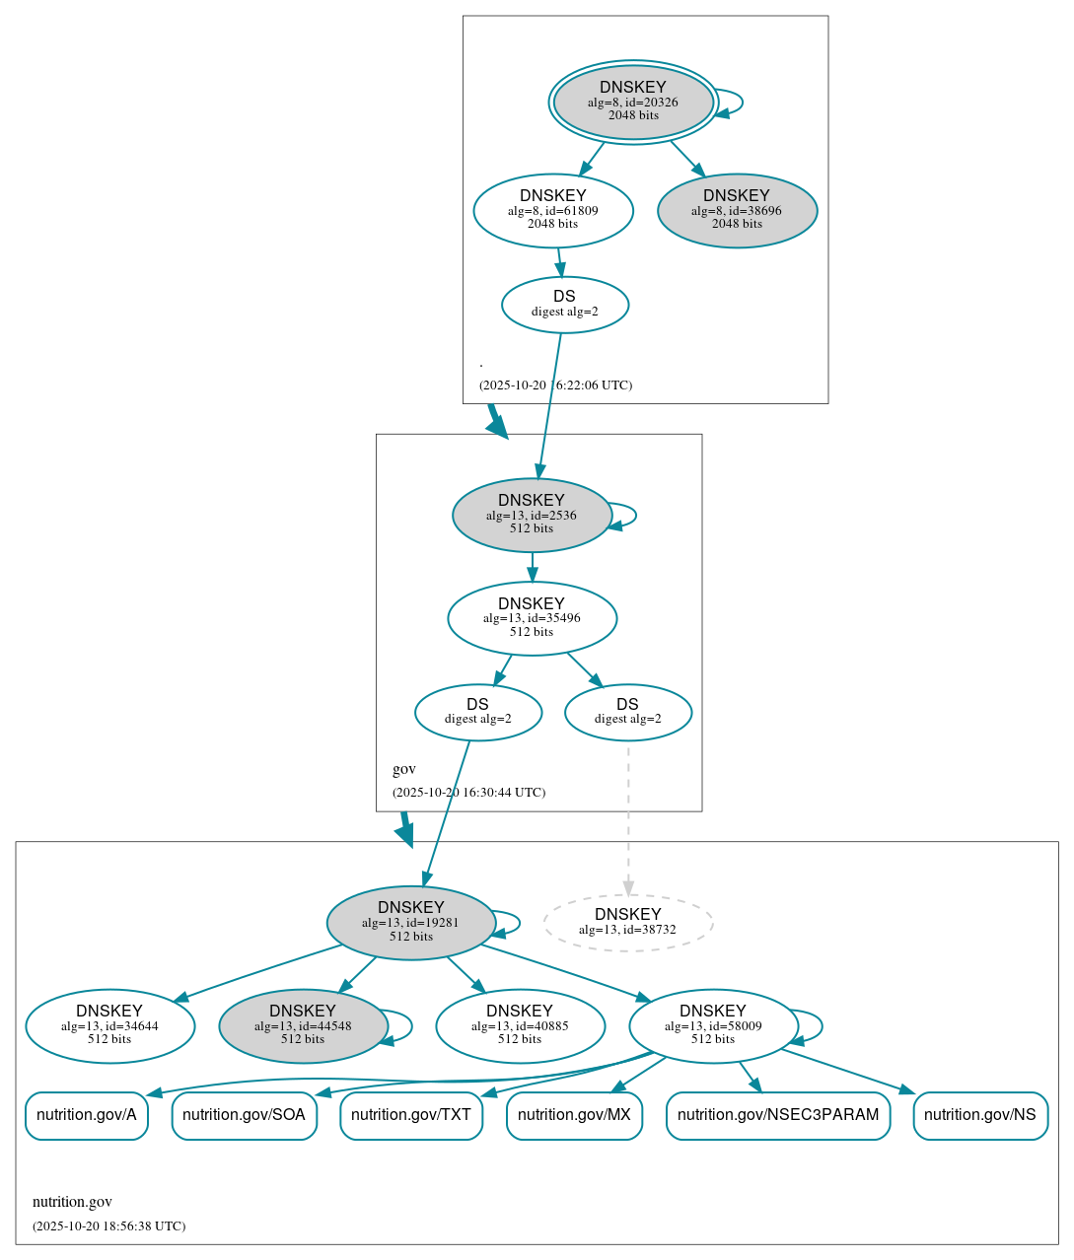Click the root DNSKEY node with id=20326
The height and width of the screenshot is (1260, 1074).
[x=633, y=102]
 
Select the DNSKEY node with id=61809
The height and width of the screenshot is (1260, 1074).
[x=553, y=210]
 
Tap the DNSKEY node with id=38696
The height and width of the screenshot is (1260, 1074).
[x=737, y=210]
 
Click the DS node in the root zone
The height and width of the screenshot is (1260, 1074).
[x=565, y=304]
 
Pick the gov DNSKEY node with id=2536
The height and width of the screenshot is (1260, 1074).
[x=532, y=515]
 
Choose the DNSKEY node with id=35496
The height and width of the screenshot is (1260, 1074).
[x=532, y=618]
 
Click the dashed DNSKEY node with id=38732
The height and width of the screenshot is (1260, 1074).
[x=628, y=923]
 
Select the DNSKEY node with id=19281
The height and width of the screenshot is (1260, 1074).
[x=411, y=923]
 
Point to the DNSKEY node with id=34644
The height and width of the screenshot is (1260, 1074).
[x=109, y=1026]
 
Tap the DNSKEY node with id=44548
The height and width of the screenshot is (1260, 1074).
[x=303, y=1026]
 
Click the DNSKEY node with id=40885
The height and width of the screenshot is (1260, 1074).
[x=520, y=1026]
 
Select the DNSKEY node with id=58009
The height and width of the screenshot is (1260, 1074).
[x=713, y=1026]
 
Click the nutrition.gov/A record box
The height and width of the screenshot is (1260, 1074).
[x=87, y=1115]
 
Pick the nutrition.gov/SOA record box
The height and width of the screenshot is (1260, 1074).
[x=244, y=1115]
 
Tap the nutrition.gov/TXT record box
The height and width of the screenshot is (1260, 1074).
[x=411, y=1115]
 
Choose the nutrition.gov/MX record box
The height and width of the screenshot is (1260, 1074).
[x=574, y=1115]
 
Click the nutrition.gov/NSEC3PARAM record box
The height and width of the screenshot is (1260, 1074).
[x=778, y=1115]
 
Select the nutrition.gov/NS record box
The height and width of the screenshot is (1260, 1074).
[x=980, y=1115]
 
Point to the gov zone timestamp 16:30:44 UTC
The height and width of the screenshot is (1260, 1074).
[x=468, y=793]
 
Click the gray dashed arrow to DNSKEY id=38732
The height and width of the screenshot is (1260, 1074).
[x=628, y=818]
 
